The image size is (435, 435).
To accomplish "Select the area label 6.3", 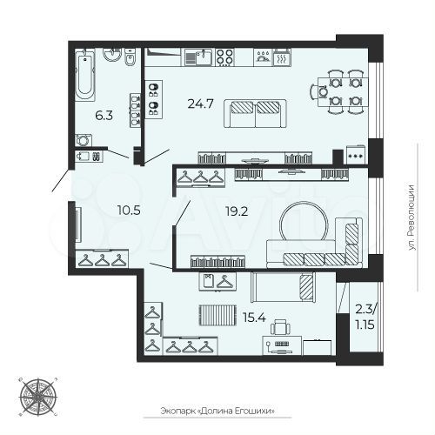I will coord(103,113).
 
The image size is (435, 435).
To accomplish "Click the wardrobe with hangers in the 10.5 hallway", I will coord(103,259).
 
